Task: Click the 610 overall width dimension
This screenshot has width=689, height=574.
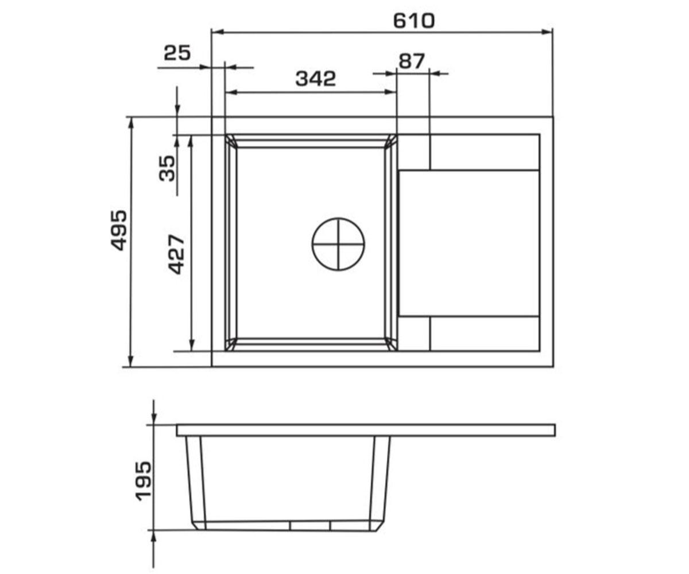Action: point(414,21)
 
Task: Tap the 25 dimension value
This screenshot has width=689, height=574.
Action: point(177,53)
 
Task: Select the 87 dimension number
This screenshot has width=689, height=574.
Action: point(411,61)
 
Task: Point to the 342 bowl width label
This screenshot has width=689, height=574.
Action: point(316,79)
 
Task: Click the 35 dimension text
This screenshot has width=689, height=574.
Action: point(167,168)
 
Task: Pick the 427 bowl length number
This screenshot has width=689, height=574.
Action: point(176,255)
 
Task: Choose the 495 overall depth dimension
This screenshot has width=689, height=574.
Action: point(118,230)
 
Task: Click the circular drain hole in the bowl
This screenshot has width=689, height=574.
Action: point(338,244)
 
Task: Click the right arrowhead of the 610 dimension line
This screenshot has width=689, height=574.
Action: point(548,32)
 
